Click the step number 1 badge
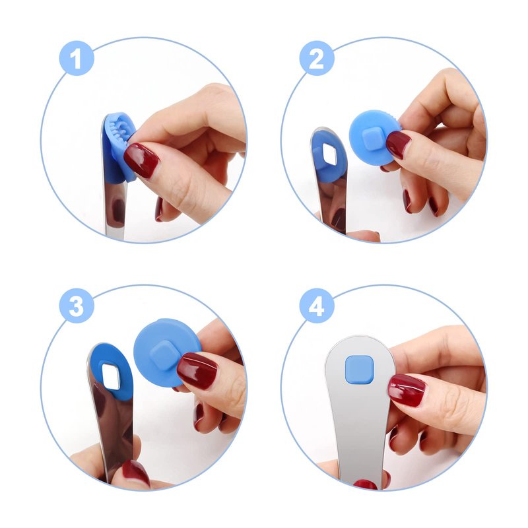[77, 58]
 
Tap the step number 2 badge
[317, 58]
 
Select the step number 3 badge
[77, 306]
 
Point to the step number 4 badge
[317, 306]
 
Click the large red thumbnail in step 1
[141, 160]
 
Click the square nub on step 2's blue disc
[372, 139]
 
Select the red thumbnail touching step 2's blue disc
[399, 145]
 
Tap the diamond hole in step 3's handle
[111, 376]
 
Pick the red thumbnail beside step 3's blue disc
[197, 371]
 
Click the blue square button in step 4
[359, 370]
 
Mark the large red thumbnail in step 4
[407, 391]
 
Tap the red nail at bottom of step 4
[366, 485]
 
